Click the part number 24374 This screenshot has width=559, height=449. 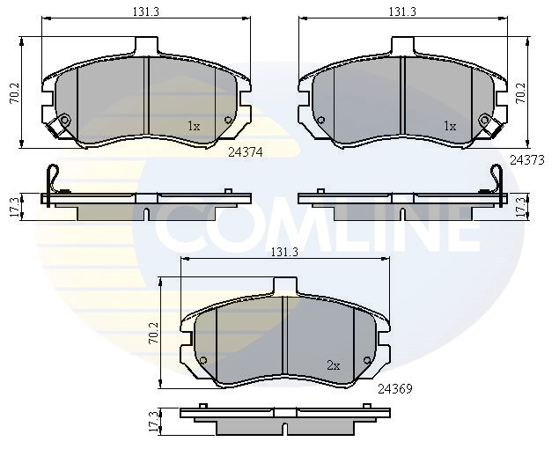pos(246,152)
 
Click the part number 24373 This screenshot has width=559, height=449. pos(527,160)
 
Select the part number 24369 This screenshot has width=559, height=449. pos(395,389)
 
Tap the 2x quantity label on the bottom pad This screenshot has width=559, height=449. pos(334,366)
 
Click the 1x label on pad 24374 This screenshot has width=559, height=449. pos(194,126)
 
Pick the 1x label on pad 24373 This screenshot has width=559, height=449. pos(450,126)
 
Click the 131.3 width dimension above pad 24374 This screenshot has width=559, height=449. pos(146,11)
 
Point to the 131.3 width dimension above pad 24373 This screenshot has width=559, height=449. pos(402,11)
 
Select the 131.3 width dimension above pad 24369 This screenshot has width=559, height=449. pos(284,252)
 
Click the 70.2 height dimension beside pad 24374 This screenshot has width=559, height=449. pos(15,94)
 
